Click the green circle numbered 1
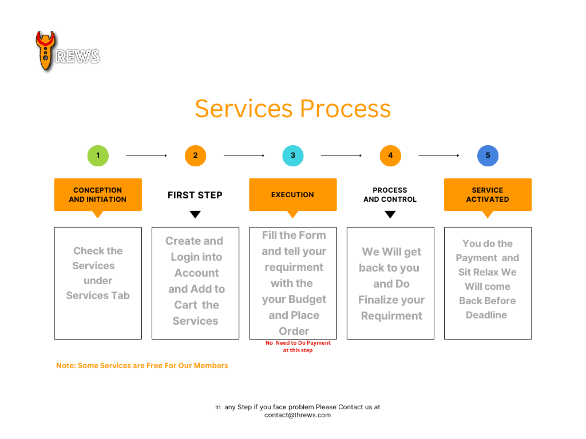pyautogui.click(x=98, y=155)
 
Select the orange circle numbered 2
pyautogui.click(x=195, y=155)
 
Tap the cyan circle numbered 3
pyautogui.click(x=293, y=155)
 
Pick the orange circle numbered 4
pyautogui.click(x=390, y=155)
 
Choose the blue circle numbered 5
pyautogui.click(x=488, y=155)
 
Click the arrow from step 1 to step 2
pyautogui.click(x=146, y=155)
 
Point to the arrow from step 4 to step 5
pyautogui.click(x=439, y=155)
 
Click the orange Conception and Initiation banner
pyautogui.click(x=98, y=195)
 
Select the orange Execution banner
pyautogui.click(x=293, y=195)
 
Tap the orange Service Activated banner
pyautogui.click(x=488, y=195)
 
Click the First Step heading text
pyautogui.click(x=195, y=195)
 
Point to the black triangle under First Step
pyautogui.click(x=195, y=215)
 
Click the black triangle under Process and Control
pyautogui.click(x=390, y=215)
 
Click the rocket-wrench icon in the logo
pyautogui.click(x=45, y=51)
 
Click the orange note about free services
pyautogui.click(x=142, y=365)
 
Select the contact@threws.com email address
pyautogui.click(x=298, y=415)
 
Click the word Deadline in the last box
pyautogui.click(x=486, y=315)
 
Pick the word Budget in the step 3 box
pyautogui.click(x=306, y=300)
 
